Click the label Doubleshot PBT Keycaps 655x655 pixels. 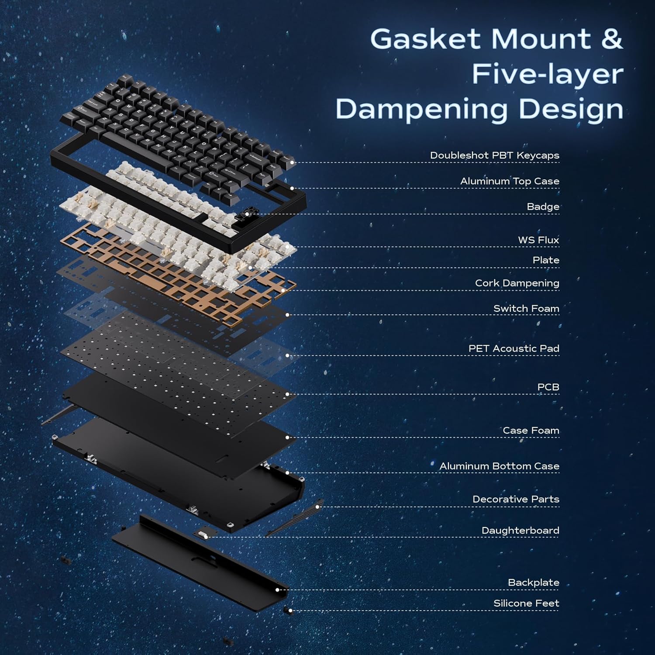pyautogui.click(x=494, y=155)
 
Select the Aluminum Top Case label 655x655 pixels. pyautogui.click(x=510, y=181)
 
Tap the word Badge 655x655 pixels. pyautogui.click(x=543, y=207)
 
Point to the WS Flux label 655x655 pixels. pyautogui.click(x=538, y=240)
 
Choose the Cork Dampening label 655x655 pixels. pyautogui.click(x=517, y=283)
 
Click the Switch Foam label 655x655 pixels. pyautogui.click(x=526, y=309)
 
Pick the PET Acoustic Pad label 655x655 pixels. pyautogui.click(x=514, y=349)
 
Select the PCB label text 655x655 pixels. pyautogui.click(x=548, y=387)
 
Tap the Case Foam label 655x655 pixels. pyautogui.click(x=531, y=431)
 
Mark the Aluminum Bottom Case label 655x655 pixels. pyautogui.click(x=499, y=466)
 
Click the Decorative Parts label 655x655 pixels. pyautogui.click(x=516, y=499)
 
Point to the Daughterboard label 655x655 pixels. pyautogui.click(x=520, y=531)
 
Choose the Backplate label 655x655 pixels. pyautogui.click(x=533, y=583)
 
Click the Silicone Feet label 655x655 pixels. pyautogui.click(x=526, y=603)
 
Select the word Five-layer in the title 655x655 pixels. pyautogui.click(x=548, y=74)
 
